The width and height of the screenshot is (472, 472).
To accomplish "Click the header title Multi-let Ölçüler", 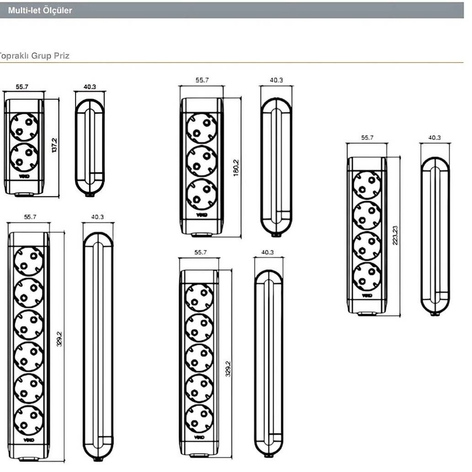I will (40, 10).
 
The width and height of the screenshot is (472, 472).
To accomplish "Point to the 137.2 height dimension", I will (54, 146).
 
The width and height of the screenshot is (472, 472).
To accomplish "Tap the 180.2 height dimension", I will (236, 168).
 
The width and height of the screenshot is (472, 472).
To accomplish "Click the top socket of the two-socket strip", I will (24, 127).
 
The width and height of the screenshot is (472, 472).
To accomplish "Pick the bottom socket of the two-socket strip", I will (24, 157).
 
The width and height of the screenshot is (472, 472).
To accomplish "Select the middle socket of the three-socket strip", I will (202, 161).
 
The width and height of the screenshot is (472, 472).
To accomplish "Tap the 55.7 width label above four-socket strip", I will (367, 138).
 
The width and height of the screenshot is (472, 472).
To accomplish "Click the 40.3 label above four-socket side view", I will (434, 138).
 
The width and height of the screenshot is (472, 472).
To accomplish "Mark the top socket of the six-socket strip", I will (28, 262).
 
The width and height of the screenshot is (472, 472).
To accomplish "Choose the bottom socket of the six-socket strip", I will (28, 420).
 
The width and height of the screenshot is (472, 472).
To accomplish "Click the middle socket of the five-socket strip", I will (199, 358).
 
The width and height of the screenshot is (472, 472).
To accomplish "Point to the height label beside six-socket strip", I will (59, 339).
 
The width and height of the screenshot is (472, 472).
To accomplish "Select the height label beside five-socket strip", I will (228, 368).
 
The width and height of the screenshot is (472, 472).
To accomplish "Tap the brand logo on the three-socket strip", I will (202, 215).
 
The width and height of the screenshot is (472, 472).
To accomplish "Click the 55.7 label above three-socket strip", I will (202, 80).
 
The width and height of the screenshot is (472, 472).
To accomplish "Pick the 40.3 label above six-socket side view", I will (97, 217).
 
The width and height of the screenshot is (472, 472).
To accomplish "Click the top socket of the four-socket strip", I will (367, 185).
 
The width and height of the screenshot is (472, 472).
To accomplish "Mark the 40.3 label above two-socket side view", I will (90, 86).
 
